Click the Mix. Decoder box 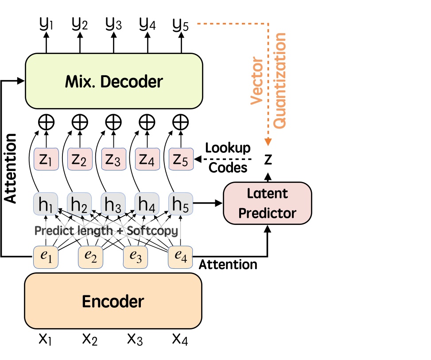pos(114,81)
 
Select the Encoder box pos(113,301)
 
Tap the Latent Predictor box pos(268,203)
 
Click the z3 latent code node pos(113,159)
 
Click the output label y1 pos(46,23)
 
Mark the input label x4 pos(181,339)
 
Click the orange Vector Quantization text pos(268,80)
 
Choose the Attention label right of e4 pos(228,264)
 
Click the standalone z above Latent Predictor pos(268,159)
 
